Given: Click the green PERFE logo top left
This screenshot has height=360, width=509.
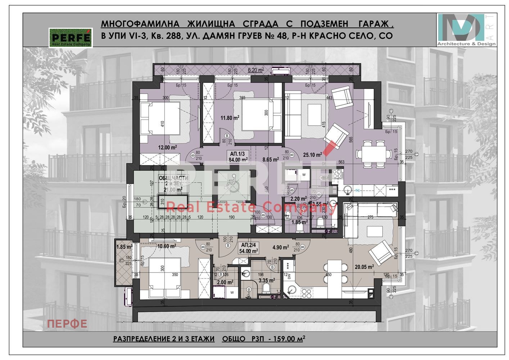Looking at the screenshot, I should click(x=71, y=38).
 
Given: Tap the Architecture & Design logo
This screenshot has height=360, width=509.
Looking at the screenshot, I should click(x=467, y=30).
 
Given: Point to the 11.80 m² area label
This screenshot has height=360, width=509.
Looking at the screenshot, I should click(x=230, y=118).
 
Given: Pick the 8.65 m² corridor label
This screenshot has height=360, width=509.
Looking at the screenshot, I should click(x=271, y=159).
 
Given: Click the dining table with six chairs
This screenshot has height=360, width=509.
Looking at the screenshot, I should click(x=373, y=154).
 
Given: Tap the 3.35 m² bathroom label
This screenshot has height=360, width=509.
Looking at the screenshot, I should click(x=267, y=280).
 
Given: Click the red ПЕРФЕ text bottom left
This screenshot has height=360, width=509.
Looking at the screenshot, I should click(x=67, y=324).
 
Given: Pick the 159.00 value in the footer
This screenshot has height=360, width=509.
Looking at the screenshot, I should click(x=286, y=339).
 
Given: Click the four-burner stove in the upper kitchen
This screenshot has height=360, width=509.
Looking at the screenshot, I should click(x=336, y=174).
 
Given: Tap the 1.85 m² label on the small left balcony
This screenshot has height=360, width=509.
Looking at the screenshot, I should click(x=124, y=247).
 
